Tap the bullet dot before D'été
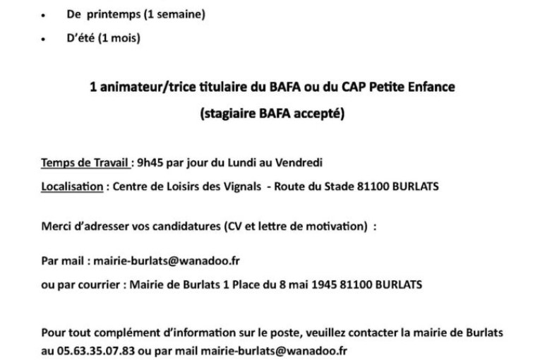coord(45,40)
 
